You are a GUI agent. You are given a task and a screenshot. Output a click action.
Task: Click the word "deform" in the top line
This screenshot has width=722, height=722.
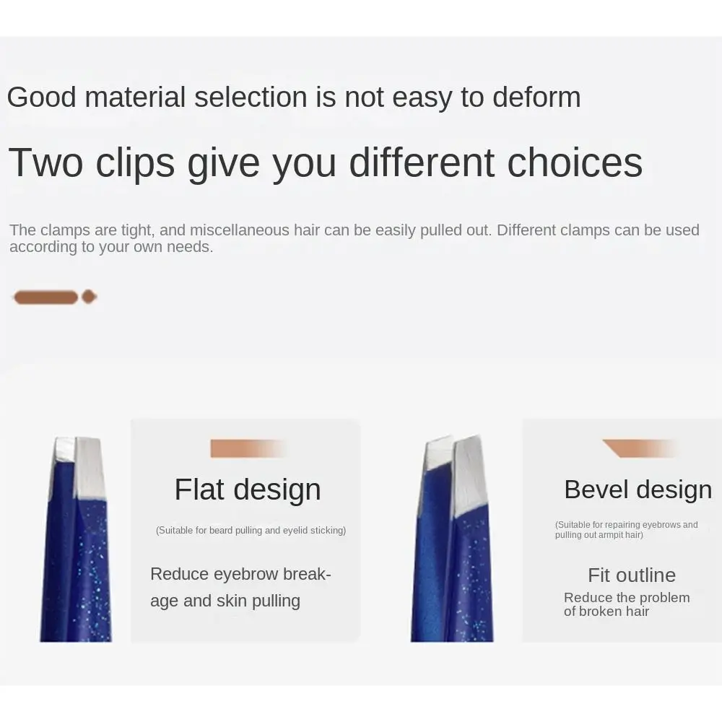tap(536, 97)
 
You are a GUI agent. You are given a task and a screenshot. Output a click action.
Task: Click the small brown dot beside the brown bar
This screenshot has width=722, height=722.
tap(89, 297)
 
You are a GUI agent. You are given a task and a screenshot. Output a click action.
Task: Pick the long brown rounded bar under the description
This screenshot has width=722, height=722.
tap(45, 297)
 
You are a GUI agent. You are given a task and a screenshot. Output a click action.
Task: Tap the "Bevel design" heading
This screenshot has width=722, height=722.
tap(638, 489)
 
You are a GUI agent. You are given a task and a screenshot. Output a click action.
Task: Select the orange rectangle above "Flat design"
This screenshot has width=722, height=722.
tap(248, 448)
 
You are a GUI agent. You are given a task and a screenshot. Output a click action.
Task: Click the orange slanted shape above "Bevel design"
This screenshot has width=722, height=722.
tap(640, 448)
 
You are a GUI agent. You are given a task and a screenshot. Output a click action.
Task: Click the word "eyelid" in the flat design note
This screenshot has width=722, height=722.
tap(295, 531)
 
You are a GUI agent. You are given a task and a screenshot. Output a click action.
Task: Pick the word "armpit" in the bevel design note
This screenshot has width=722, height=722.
tap(612, 535)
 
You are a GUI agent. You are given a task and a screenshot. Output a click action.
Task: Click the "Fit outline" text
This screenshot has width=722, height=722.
tap(632, 575)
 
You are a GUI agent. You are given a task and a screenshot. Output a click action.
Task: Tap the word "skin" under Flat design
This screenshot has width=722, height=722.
tap(232, 601)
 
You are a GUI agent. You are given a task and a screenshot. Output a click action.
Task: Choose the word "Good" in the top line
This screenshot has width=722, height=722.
tap(41, 97)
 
